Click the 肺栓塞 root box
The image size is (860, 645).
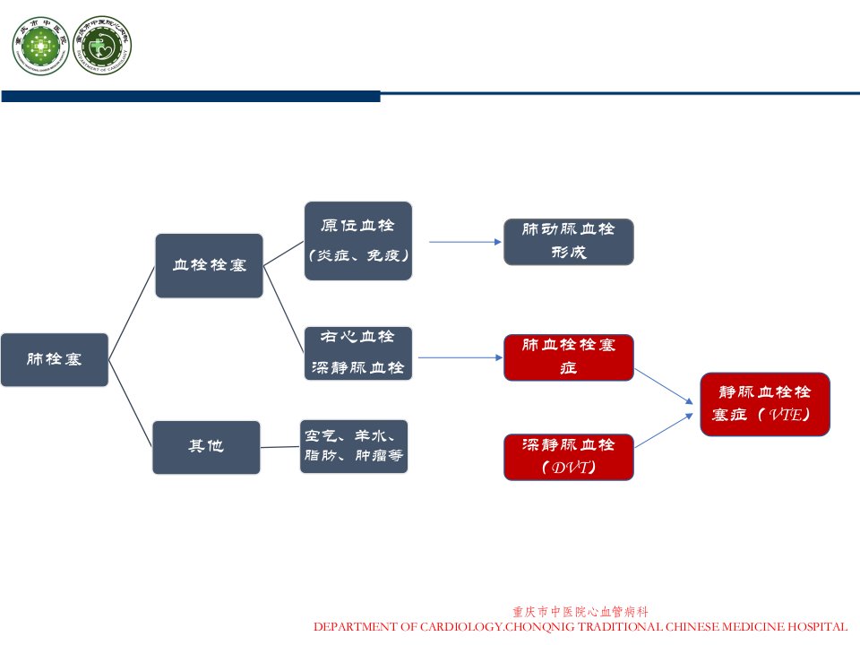click(55, 360)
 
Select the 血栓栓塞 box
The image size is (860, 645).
click(209, 266)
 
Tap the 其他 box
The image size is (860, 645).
click(206, 448)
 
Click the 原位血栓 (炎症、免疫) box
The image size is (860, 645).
click(358, 241)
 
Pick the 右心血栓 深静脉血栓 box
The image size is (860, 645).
click(358, 353)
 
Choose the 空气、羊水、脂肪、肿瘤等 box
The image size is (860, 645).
click(354, 446)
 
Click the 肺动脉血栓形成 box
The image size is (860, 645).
click(569, 242)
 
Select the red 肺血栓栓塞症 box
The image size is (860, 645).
click(569, 357)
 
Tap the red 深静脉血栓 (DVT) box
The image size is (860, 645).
click(569, 458)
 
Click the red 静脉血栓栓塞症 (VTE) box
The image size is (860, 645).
click(765, 404)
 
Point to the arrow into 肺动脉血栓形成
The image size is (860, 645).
click(465, 242)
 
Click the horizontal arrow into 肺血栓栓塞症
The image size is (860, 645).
click(460, 357)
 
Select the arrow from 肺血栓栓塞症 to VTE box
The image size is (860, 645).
click(664, 387)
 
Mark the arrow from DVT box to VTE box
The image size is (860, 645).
click(664, 431)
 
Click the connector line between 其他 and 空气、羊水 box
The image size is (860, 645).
click(279, 447)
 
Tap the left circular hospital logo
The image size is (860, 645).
click(40, 46)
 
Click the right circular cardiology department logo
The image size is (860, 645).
click(102, 45)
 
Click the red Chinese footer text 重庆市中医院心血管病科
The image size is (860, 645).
click(580, 612)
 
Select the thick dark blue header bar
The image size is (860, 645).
click(191, 97)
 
